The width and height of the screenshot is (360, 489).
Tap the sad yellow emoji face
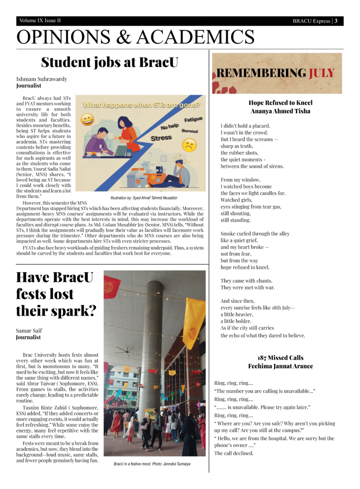189,145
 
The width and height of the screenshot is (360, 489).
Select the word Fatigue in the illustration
192,119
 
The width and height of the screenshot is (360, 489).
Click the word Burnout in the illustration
189,130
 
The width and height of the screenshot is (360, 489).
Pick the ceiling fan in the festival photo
126,350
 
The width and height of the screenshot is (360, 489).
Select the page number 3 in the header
336,21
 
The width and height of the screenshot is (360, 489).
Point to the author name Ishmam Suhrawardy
42,79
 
